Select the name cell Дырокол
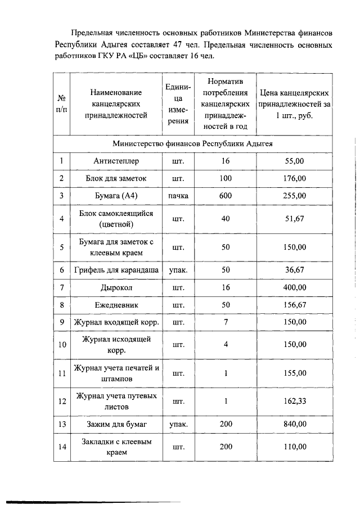116,287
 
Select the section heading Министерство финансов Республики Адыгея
192,143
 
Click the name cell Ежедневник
116,305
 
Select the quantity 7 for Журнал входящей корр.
226,322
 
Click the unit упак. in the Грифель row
178,270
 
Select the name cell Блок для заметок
116,178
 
